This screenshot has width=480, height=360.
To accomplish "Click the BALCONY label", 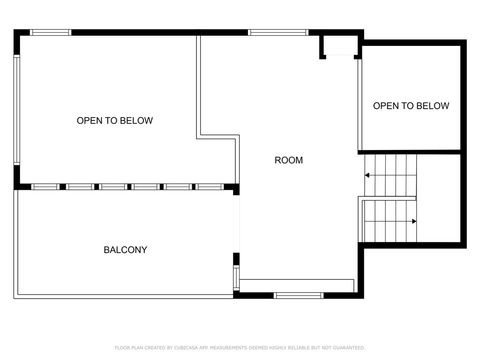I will pos(125,249).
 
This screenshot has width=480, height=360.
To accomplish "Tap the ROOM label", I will pos(288,160).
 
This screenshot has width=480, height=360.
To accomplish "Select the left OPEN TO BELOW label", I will pos(115,121).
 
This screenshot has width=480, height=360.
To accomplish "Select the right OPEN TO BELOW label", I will pos(411,106).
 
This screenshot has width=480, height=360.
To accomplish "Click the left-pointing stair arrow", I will pos(368,176).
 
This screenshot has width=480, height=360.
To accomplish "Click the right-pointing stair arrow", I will pos(412,221).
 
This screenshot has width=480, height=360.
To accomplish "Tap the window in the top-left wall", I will pos(50,33).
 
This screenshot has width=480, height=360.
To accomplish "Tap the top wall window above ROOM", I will pos(278,33).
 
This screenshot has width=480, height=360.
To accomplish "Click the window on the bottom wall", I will pos(296,294).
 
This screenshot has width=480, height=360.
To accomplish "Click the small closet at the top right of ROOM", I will pos(337,47).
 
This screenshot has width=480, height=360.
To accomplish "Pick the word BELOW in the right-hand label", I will pos(433,106).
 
